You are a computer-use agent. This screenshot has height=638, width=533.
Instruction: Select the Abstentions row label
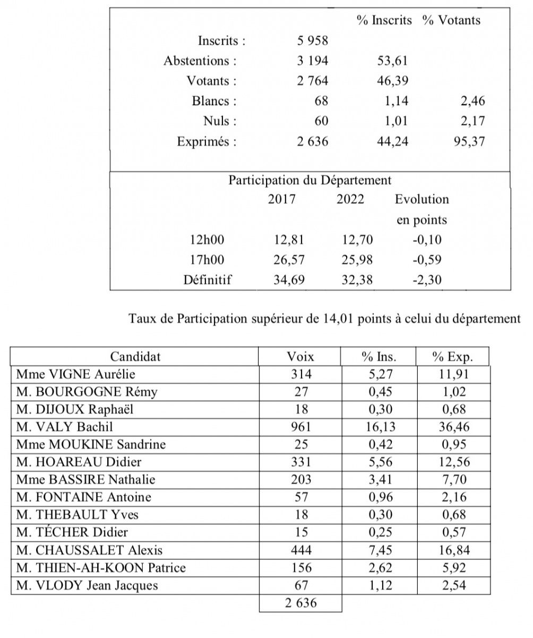tap(200, 61)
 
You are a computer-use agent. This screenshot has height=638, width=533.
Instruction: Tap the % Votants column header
tap(451, 20)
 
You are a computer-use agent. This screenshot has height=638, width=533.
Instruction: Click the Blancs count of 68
tap(321, 101)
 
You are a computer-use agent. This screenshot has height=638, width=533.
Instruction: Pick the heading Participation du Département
tap(310, 180)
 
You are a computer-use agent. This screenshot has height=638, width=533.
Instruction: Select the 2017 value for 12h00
tap(289, 240)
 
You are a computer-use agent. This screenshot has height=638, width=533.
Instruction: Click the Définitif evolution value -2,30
tap(426, 280)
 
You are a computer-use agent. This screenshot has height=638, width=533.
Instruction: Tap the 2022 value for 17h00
tap(357, 260)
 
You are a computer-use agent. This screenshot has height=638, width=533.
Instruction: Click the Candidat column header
tap(135, 356)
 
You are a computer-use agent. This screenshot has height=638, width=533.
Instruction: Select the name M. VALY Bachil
tap(64, 426)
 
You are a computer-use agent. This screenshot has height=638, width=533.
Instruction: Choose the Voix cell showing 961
tap(300, 426)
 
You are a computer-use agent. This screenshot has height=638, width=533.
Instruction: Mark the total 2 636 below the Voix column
tap(300, 603)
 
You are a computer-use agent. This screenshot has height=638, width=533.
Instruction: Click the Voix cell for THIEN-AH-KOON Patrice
tap(300, 568)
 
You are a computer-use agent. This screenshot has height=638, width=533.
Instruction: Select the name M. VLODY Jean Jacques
tap(87, 586)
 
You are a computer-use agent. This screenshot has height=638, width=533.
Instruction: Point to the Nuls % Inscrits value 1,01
tap(396, 121)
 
